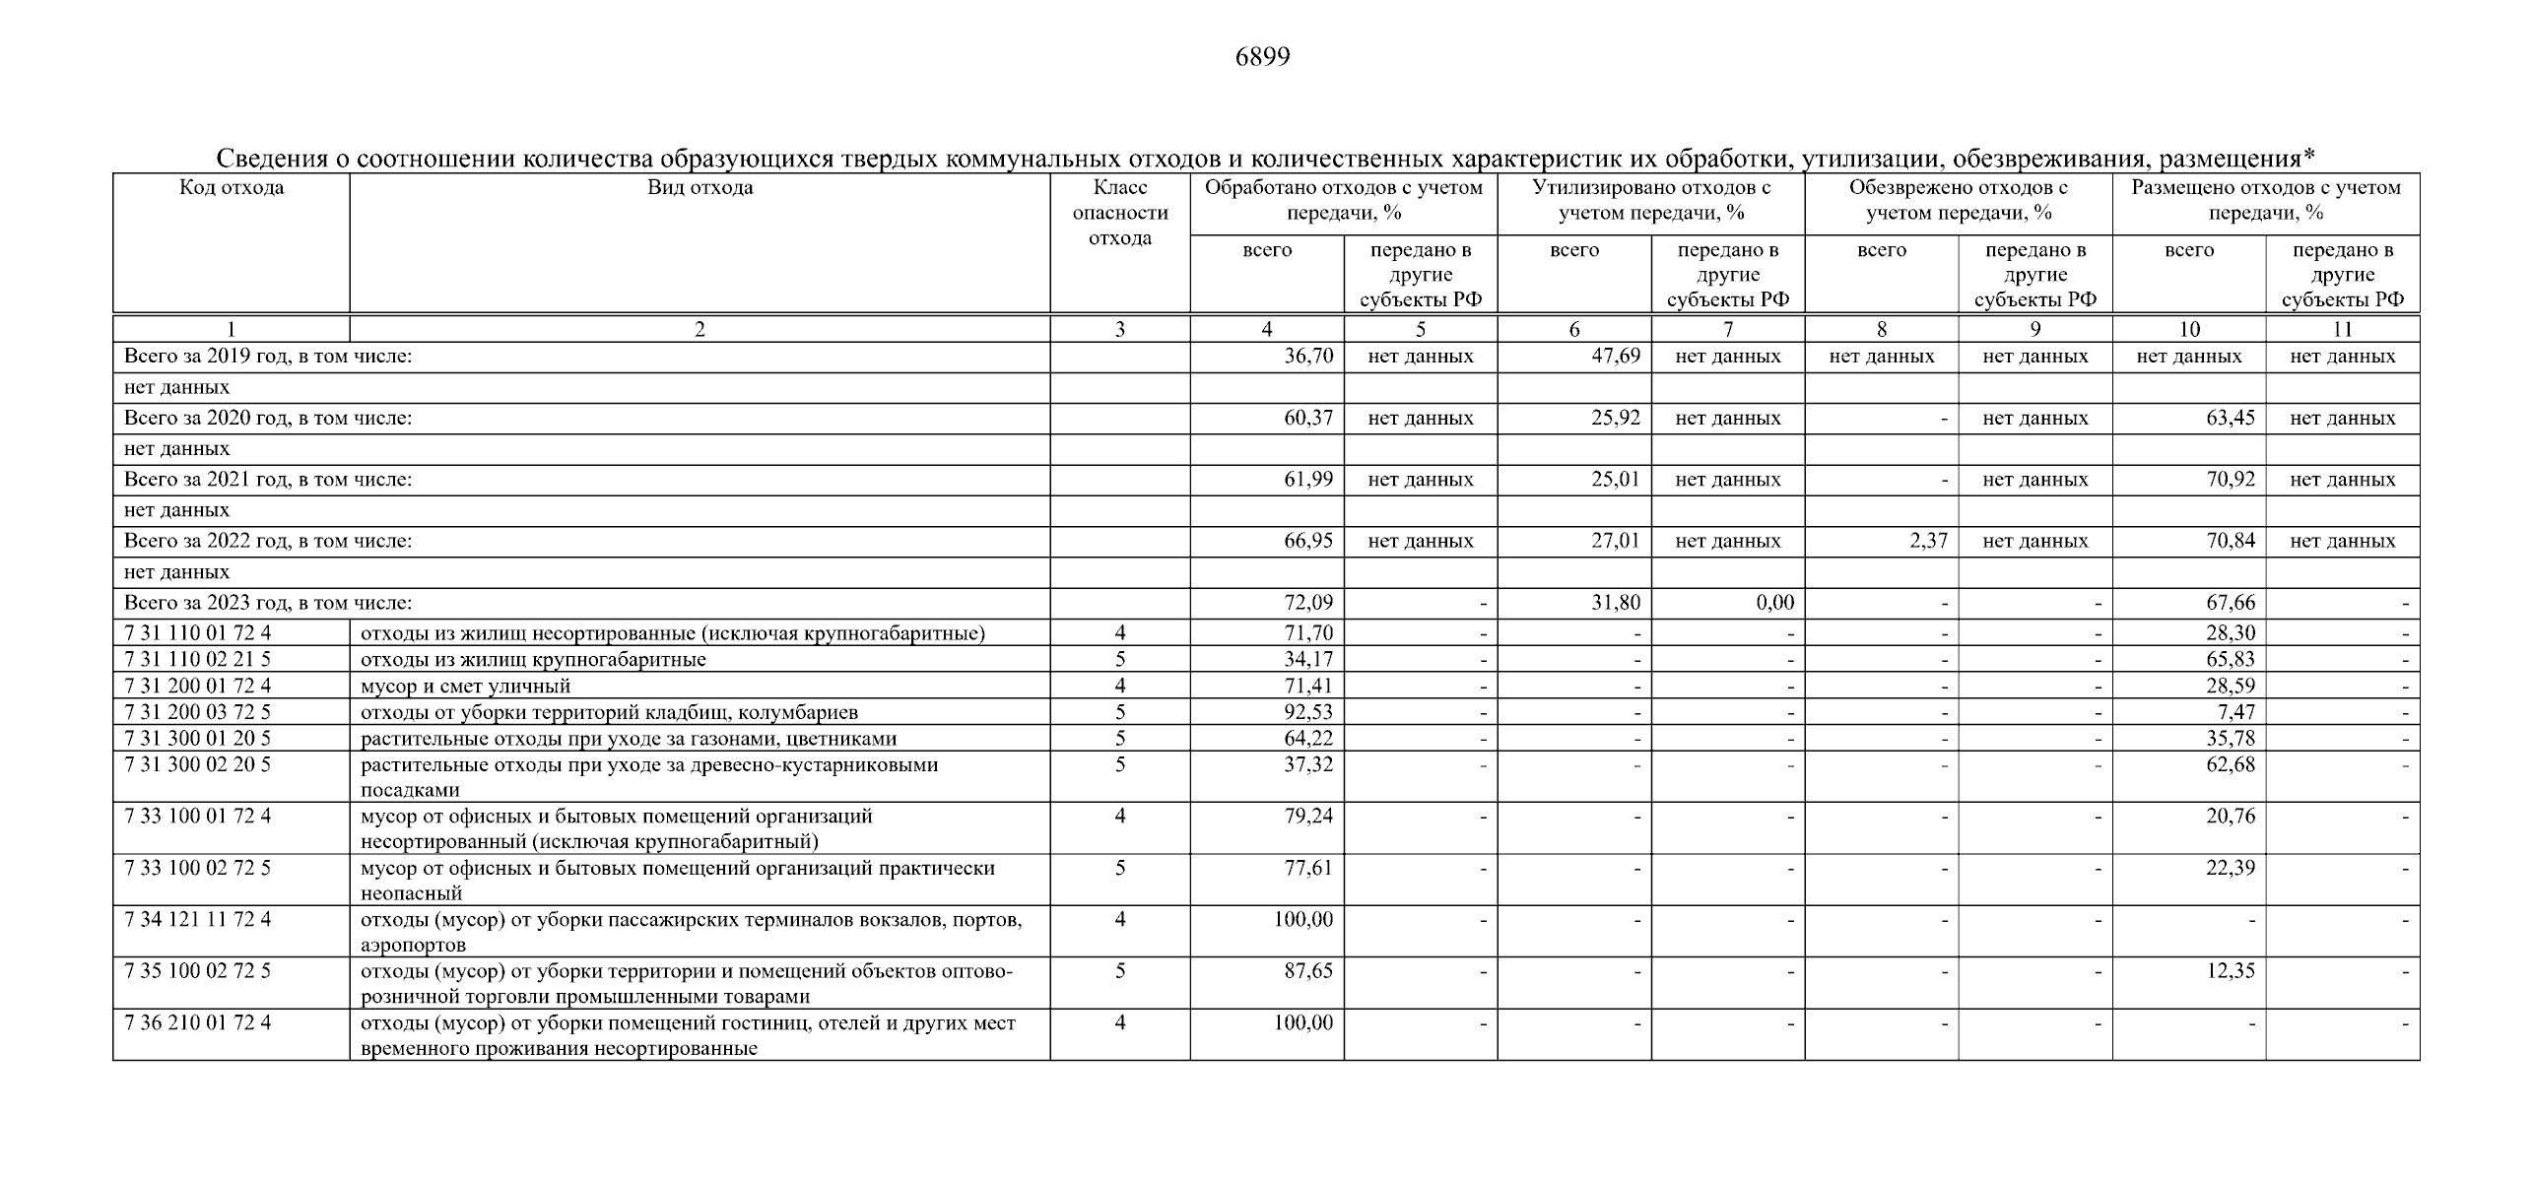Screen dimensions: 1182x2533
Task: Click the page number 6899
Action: [x=1262, y=57]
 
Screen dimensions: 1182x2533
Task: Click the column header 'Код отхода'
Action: [x=232, y=188]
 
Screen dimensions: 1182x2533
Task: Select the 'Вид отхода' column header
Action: [x=700, y=188]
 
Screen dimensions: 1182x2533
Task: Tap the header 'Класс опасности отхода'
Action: [x=1120, y=213]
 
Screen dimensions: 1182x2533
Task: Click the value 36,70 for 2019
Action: [x=1308, y=357]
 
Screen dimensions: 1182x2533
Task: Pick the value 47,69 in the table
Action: [x=1616, y=357]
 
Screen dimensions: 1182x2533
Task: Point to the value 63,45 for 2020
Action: [x=2231, y=418]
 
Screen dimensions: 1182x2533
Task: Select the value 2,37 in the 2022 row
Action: [x=1928, y=541]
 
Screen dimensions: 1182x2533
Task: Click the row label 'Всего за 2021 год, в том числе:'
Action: [x=268, y=480]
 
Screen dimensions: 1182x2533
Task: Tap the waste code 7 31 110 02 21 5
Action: [x=198, y=659]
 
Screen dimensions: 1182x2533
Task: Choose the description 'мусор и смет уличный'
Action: [x=465, y=686]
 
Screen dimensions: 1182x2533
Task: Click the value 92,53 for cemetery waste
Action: [x=1308, y=712]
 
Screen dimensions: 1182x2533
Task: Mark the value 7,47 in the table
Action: [x=2235, y=712]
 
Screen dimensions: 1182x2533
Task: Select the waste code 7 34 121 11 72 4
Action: [x=198, y=920]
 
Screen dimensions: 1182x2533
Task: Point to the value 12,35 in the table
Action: [x=2231, y=971]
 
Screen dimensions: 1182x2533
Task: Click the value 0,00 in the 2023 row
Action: [x=1774, y=603]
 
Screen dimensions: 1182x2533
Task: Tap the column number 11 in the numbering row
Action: [x=2342, y=330]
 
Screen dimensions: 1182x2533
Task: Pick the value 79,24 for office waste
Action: [x=1308, y=817]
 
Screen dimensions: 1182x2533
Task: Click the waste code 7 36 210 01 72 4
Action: [x=198, y=1023]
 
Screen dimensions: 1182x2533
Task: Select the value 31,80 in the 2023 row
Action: [x=1616, y=603]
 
